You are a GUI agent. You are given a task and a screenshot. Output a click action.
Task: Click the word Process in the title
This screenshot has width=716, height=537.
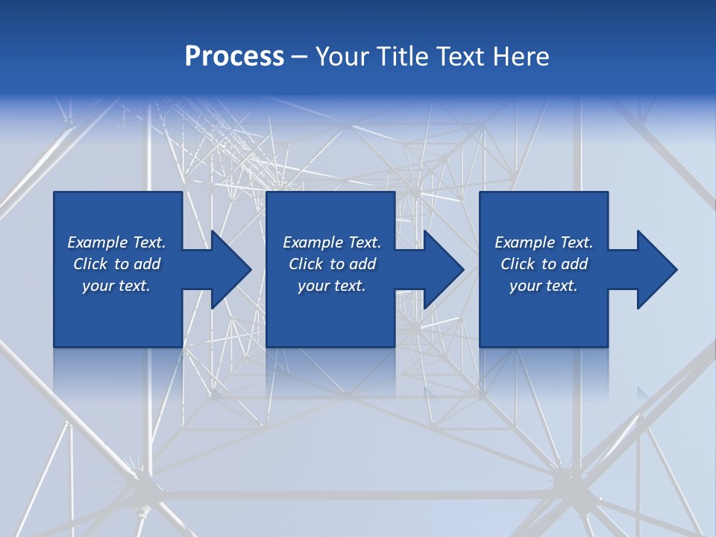(x=234, y=57)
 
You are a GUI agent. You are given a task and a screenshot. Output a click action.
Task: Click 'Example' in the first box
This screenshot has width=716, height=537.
(x=98, y=242)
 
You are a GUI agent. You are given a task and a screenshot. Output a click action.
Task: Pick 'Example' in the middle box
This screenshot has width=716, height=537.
(x=313, y=242)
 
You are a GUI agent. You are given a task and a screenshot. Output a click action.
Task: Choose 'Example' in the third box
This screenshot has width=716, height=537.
(x=525, y=242)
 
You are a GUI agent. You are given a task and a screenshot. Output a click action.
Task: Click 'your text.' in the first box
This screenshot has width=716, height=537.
(x=116, y=286)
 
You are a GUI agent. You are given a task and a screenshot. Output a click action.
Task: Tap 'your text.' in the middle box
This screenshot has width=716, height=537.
(x=331, y=286)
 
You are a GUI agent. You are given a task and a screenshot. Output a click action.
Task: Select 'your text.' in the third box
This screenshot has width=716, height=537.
(x=544, y=286)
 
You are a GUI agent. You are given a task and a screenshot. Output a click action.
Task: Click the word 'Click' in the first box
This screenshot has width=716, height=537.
(x=90, y=264)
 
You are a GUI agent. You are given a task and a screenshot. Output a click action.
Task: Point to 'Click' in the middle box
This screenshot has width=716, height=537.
(x=306, y=264)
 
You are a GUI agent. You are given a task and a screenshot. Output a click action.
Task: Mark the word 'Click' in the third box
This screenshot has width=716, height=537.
(x=518, y=264)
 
